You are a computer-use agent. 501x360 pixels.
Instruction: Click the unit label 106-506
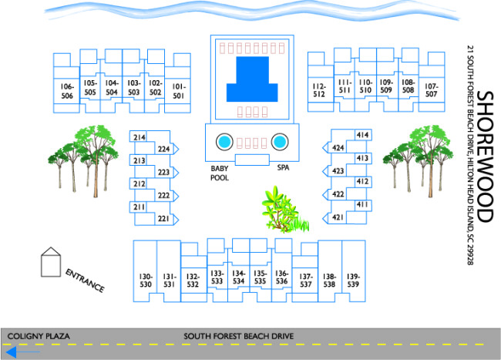67,91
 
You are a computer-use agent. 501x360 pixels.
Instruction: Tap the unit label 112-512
318,90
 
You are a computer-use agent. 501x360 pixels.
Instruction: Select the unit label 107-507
431,90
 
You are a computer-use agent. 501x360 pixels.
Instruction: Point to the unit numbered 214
140,137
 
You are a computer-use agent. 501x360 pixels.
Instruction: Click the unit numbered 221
163,219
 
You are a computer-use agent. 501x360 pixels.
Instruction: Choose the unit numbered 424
338,147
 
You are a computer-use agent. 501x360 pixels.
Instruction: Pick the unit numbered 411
361,204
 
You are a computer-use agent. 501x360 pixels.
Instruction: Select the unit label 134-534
239,277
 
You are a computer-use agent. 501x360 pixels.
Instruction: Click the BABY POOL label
220,172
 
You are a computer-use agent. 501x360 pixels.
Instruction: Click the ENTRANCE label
85,280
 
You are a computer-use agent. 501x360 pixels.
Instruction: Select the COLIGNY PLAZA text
39,337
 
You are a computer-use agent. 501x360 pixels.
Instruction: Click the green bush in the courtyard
277,207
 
